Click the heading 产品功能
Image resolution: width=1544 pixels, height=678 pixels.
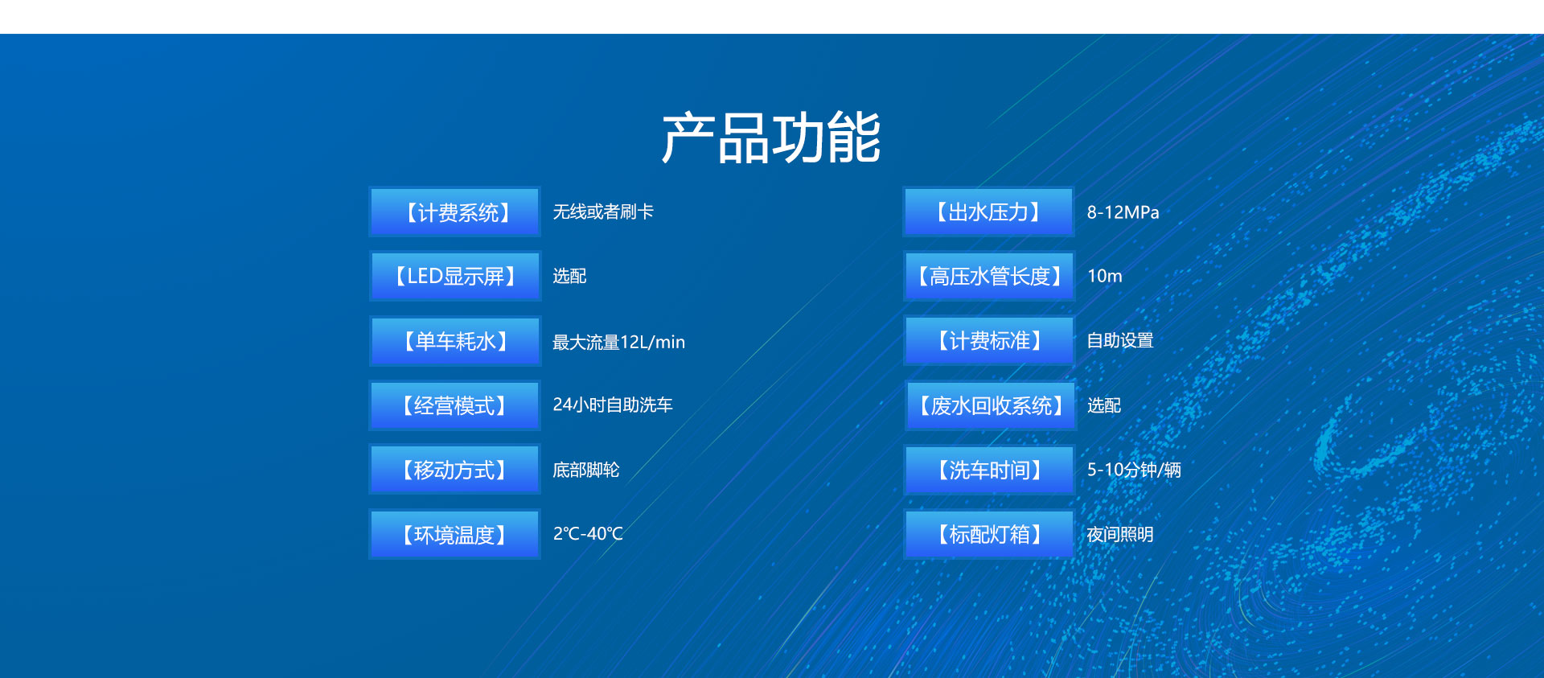[x=771, y=138]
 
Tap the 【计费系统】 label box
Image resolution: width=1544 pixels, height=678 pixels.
[x=454, y=212]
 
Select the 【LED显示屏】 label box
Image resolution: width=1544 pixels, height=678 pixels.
[x=454, y=276]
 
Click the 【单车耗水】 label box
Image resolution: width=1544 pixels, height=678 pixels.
[x=454, y=341]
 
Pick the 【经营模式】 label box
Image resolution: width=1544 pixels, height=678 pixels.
[x=454, y=405]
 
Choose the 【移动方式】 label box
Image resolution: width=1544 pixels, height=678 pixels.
[x=454, y=470]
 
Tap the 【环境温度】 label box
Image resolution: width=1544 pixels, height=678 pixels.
[x=454, y=534]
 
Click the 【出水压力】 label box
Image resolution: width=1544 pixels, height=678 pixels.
[x=989, y=212]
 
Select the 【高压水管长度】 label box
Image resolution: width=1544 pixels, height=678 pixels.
[x=989, y=276]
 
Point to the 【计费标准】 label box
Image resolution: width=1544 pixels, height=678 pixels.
[x=989, y=340]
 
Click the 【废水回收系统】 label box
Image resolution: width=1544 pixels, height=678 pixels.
[x=989, y=405]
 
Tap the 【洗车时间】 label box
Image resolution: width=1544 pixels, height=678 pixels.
[x=989, y=470]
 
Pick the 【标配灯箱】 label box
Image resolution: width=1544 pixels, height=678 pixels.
[x=989, y=534]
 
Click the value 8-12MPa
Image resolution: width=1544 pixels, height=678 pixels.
[x=1123, y=212]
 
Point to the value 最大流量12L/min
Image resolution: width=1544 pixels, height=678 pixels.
[x=618, y=342]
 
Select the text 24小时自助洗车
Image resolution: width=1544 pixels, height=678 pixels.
[x=612, y=405]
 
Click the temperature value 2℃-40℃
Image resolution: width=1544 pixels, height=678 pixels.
[x=588, y=533]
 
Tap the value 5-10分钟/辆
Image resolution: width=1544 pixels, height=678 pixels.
[x=1134, y=470]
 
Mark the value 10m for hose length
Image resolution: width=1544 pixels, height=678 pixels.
[x=1104, y=276]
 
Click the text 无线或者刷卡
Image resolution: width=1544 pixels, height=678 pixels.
[x=603, y=212]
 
